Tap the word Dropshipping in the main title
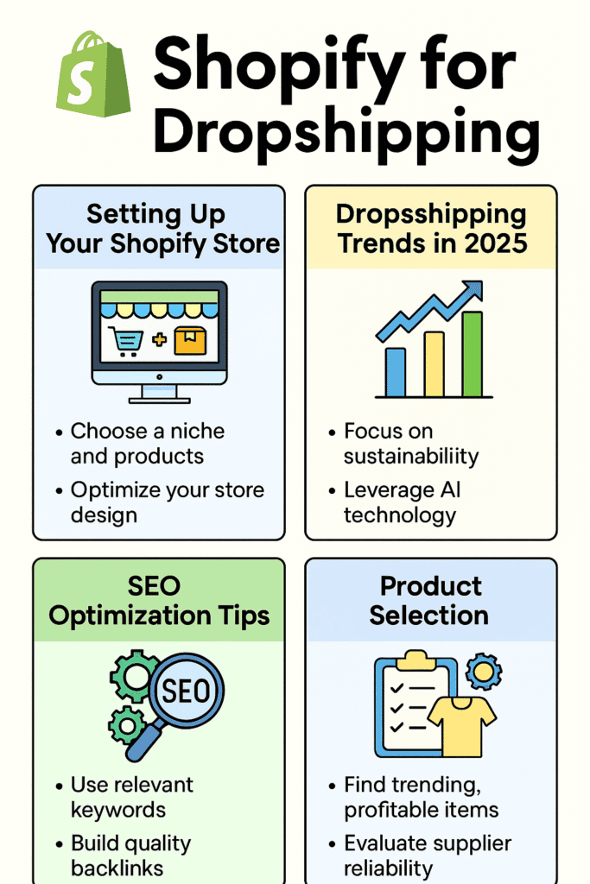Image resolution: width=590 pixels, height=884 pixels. [x=346, y=132]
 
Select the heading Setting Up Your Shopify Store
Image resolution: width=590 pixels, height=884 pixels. [x=162, y=229]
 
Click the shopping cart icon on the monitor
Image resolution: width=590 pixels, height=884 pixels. [x=126, y=341]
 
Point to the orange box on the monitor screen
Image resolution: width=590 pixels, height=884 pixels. [x=190, y=340]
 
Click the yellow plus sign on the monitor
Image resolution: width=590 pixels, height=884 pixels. [x=159, y=339]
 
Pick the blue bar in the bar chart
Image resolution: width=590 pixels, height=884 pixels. [x=396, y=372]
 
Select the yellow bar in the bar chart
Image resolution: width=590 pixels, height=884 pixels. [x=434, y=364]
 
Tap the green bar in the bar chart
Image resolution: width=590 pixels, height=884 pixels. [x=473, y=354]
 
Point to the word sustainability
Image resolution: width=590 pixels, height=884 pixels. [x=410, y=456]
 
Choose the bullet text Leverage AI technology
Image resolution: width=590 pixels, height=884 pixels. [x=402, y=502]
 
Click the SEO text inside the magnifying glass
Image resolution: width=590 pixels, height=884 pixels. [x=186, y=691]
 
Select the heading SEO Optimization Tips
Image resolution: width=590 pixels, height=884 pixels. [x=158, y=601]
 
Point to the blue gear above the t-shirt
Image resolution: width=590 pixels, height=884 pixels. [x=484, y=671]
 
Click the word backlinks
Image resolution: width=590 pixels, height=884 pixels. [x=117, y=868]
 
